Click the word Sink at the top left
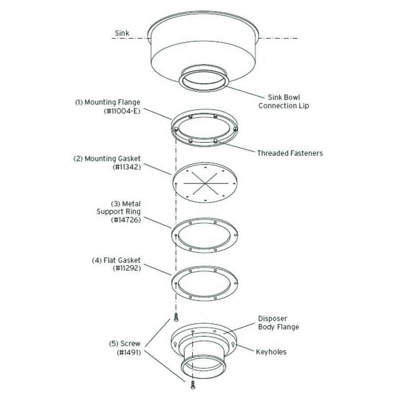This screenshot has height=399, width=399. [122, 33]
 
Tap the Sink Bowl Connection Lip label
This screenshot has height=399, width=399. [284, 102]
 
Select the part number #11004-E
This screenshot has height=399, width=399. [121, 111]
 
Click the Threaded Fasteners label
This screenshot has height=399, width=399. [290, 153]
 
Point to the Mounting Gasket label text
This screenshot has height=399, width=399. [107, 159]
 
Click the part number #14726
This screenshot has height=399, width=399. [126, 220]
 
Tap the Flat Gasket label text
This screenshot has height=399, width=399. [116, 260]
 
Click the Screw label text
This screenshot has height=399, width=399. [125, 344]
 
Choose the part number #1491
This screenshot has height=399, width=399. [129, 352]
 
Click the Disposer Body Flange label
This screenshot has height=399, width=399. [278, 323]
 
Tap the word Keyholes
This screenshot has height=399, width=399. [271, 352]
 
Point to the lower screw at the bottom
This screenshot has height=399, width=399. [193, 385]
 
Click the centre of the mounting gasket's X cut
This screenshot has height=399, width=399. [204, 183]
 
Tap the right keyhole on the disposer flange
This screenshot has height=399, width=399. [233, 344]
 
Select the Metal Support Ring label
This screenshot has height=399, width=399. [118, 211]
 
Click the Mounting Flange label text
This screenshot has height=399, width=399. [107, 102]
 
